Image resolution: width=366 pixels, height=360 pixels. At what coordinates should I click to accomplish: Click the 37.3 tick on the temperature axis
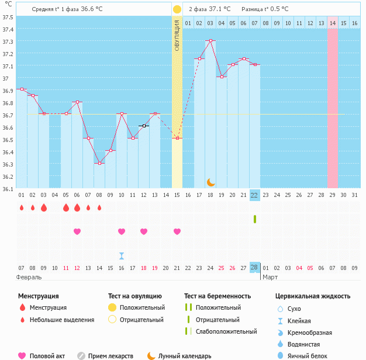pos(8,42)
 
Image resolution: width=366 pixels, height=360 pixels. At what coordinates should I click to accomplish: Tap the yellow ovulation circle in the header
pos(177,9)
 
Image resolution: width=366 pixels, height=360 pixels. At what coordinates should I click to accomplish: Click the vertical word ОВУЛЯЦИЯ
pos(177,34)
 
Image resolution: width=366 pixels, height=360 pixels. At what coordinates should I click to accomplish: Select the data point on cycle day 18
pos(210,40)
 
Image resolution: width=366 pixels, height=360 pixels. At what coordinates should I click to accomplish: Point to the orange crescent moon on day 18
pos(210,182)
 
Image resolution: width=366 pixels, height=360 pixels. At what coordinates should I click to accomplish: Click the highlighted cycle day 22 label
pos(254,195)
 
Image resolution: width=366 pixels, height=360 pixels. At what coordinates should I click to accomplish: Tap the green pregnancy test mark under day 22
pos(255,219)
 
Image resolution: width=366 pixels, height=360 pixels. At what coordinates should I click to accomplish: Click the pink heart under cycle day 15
pos(177,231)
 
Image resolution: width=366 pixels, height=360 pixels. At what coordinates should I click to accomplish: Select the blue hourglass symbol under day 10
pos(122,255)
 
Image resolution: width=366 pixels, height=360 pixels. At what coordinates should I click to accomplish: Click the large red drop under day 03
pos(43,207)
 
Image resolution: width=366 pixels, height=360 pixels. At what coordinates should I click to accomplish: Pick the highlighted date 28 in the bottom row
pos(254,268)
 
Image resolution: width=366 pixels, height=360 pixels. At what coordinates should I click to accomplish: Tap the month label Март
pos(270,277)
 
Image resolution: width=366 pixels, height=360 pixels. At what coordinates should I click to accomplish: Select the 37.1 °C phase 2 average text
pos(220,9)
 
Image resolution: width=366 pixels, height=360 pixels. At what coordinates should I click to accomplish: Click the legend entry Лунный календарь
pos(185,356)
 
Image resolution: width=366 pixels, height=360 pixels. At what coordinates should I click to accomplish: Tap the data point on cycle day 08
pos(99,163)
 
